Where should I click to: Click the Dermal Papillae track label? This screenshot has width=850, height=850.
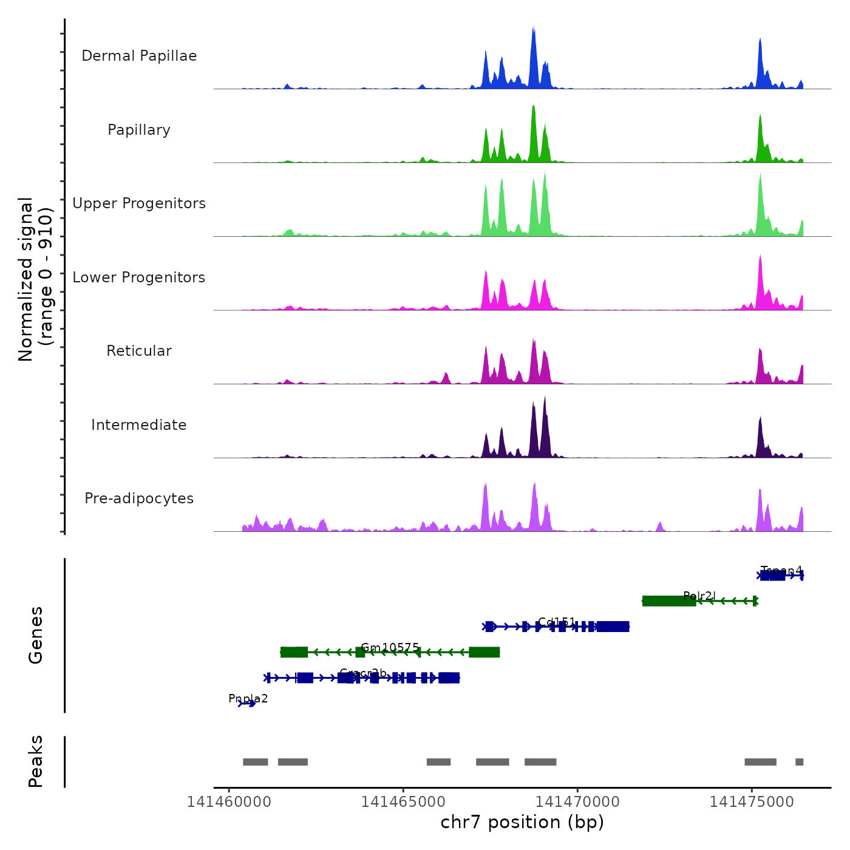tap(139, 56)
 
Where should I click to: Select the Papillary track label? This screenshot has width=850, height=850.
tap(139, 130)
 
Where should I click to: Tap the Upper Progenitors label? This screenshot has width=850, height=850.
tap(139, 203)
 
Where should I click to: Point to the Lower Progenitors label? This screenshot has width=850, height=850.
tap(139, 277)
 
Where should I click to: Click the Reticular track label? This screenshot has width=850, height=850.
tap(139, 351)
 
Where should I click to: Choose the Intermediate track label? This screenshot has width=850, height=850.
tap(139, 425)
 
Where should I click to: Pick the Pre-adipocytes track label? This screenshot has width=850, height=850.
tap(139, 498)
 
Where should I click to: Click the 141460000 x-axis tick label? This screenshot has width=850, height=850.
tap(229, 802)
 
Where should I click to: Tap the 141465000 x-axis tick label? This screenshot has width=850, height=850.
tap(403, 802)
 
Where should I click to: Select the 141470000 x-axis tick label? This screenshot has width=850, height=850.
tap(577, 802)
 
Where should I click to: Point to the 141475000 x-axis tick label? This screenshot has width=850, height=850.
tap(752, 802)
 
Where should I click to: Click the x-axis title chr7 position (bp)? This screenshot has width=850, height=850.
tap(522, 822)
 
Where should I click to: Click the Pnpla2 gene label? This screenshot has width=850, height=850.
tap(248, 699)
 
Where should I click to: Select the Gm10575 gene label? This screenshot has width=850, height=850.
tap(390, 648)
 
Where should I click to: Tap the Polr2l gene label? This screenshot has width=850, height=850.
tap(699, 596)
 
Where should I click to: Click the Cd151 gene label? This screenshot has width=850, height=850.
tap(557, 622)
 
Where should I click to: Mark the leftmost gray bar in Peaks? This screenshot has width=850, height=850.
tap(255, 762)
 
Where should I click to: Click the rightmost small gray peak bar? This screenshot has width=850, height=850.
tap(799, 762)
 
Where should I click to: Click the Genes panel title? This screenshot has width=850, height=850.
tap(36, 635)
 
